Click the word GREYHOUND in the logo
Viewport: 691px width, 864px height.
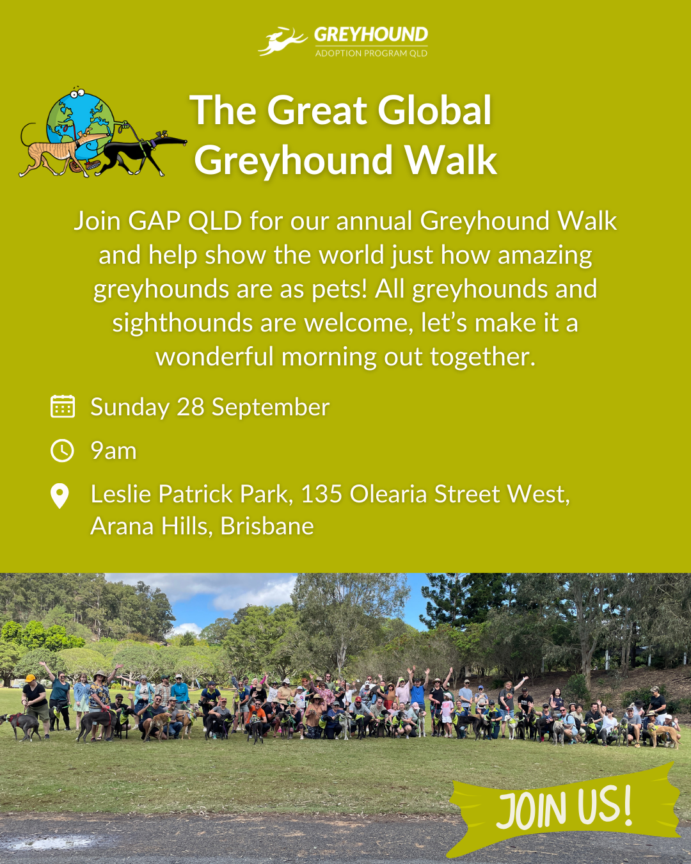coord(371,35)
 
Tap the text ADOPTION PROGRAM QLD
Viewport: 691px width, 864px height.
coord(371,53)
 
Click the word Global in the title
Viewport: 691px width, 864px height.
coord(434,110)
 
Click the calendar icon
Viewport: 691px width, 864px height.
coord(63,406)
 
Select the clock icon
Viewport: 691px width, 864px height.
coord(62,451)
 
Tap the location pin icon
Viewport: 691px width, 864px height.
coord(60,496)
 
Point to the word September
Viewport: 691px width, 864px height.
coord(271,408)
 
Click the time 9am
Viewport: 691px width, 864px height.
coord(114,451)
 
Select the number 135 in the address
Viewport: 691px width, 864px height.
coord(322,494)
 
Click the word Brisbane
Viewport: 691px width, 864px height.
coord(267,526)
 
